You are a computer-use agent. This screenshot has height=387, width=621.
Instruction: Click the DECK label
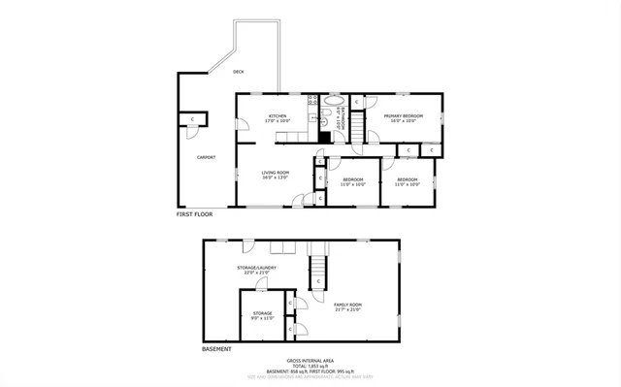tap(238, 71)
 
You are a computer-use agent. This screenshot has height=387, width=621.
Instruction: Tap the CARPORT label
tap(206, 157)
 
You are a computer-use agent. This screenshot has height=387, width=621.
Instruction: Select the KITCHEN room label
tap(278, 116)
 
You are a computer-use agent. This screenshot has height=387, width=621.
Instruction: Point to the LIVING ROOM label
tap(276, 173)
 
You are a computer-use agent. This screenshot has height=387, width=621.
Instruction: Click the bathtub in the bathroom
tap(332, 100)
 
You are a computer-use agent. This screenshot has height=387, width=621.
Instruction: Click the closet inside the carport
tap(193, 119)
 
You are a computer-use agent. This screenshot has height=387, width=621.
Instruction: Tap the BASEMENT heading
tap(216, 348)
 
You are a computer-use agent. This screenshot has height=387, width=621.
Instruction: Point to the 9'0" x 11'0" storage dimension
tap(262, 317)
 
